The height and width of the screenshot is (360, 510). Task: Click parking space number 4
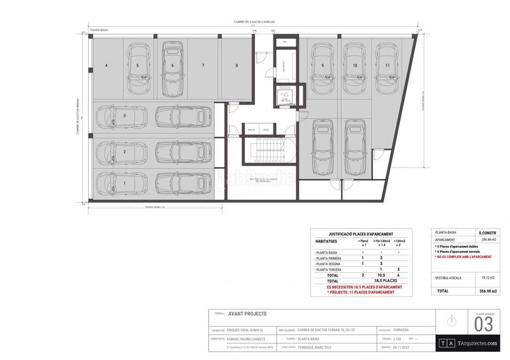(x=106, y=66)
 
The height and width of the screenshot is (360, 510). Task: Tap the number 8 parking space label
(x=237, y=66)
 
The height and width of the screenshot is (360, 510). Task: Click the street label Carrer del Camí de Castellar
(x=254, y=22)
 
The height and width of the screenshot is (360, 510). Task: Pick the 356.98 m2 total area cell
(x=483, y=291)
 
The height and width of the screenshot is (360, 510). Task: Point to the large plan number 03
(x=483, y=325)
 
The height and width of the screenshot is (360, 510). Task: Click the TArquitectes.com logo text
(x=476, y=343)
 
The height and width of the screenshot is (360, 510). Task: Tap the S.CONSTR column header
(x=483, y=233)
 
